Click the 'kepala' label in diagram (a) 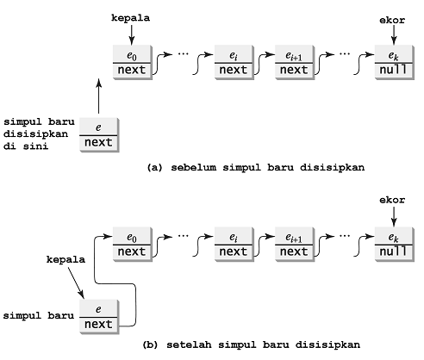(130, 16)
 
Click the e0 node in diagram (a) (132, 63)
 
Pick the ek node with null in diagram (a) (392, 63)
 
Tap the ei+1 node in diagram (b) (294, 244)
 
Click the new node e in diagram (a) (99, 134)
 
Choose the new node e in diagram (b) (99, 315)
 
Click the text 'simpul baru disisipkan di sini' (39, 133)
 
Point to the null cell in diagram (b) (392, 251)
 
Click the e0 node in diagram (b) (132, 244)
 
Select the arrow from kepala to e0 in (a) (130, 34)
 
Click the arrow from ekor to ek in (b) (392, 216)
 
